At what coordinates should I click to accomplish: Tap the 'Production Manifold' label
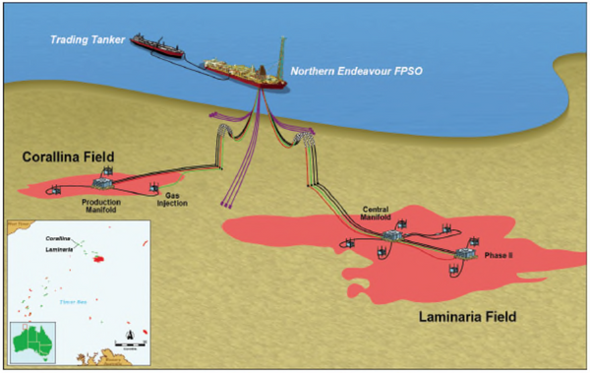[100, 206]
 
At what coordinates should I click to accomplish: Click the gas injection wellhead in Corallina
[154, 187]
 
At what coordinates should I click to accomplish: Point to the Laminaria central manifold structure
[396, 232]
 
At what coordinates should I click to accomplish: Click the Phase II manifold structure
[461, 258]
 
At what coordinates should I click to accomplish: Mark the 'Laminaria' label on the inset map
[59, 252]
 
